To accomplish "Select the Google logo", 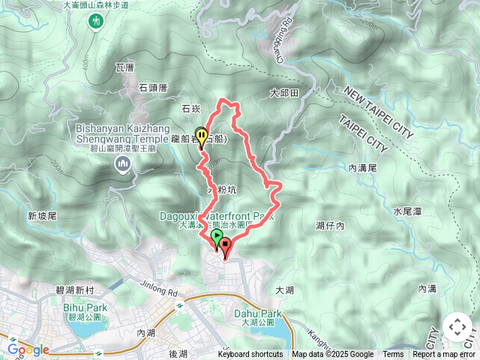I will point(28,349).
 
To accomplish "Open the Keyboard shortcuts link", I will point(250,355).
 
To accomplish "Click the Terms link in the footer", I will point(393,355).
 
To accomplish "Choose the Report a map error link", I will point(444,355).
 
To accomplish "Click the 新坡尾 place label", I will point(43,216).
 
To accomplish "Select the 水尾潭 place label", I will point(407,211).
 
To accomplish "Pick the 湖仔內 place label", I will point(330,225).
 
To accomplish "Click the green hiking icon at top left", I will point(96,22).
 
